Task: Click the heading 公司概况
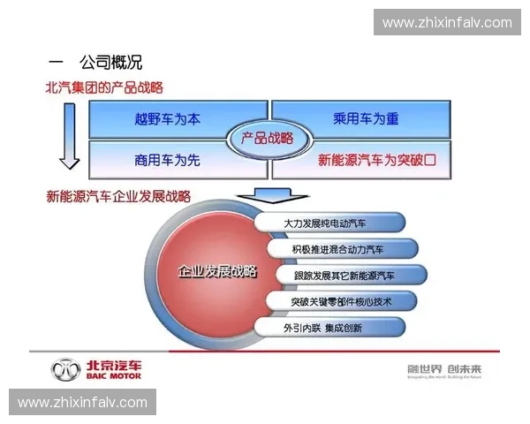tap(110, 63)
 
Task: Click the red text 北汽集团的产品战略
tap(103, 87)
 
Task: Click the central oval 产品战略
tap(261, 138)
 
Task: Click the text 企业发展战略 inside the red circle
tap(217, 271)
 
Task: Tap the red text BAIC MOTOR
tap(112, 375)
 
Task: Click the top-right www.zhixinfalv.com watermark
tap(446, 22)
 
